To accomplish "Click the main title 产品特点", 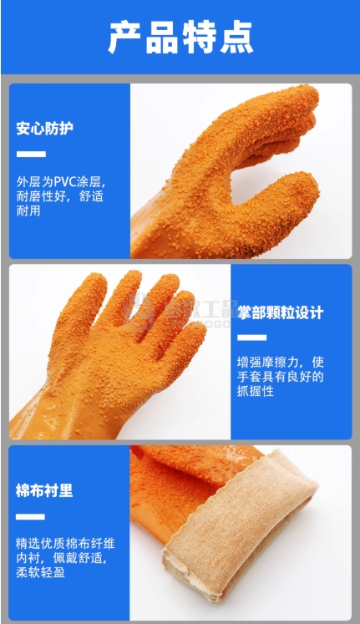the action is tap(180, 37).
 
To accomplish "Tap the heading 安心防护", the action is tap(44, 129).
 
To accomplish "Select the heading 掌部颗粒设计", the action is tap(281, 312).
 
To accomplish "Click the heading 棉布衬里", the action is tap(44, 490).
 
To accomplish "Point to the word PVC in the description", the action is tap(65, 182).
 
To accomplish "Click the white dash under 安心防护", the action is tap(31, 154).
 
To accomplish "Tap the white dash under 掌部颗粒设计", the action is tap(251, 337).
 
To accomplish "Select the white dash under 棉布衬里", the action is tap(30, 516).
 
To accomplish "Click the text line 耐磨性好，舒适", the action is tap(60, 196).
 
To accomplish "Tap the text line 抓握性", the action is tap(256, 391).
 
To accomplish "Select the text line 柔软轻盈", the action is tap(40, 572).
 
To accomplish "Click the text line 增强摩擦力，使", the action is tap(281, 363).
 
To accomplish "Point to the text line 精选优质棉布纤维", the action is tap(65, 543).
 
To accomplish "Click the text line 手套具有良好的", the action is tap(281, 377).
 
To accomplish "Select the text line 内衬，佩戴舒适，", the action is tap(62, 558).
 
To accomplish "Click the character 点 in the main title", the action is tap(236, 37).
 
